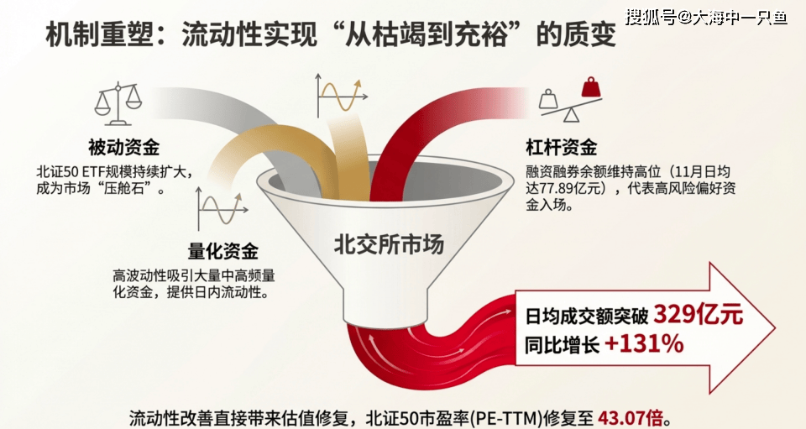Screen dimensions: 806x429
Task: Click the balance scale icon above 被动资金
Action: click(118, 103)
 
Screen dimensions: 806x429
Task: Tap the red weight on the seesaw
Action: click(591, 87)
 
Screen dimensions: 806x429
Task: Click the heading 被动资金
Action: click(123, 148)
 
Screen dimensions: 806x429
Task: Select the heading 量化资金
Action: click(222, 251)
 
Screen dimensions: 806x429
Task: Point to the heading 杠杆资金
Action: click(562, 148)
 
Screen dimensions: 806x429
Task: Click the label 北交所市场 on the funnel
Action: click(389, 244)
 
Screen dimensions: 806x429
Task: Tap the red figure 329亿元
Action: click(698, 315)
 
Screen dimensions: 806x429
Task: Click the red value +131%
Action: click(644, 343)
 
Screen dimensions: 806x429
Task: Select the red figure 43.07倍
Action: click(631, 418)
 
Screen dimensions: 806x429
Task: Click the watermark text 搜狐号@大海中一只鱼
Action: click(706, 18)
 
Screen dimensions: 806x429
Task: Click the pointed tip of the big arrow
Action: click(775, 328)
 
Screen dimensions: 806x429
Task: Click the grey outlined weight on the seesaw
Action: click(548, 99)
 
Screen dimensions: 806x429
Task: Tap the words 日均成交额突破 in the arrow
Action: click(587, 316)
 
